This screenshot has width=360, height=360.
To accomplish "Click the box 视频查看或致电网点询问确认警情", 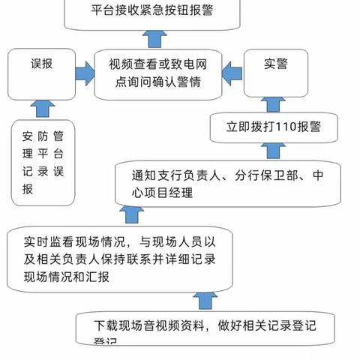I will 157,72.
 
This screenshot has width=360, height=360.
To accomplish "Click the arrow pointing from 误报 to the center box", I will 84,72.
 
